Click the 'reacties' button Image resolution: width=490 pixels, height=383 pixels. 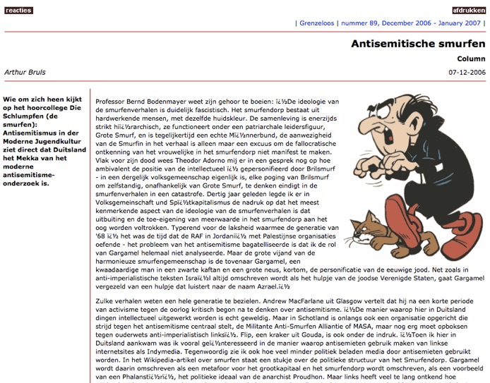(18, 10)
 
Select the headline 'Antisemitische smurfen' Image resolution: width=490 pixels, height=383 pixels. (418, 44)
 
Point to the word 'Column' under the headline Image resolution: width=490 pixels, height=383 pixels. (471, 59)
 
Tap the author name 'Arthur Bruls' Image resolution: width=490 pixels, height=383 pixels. (25, 72)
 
